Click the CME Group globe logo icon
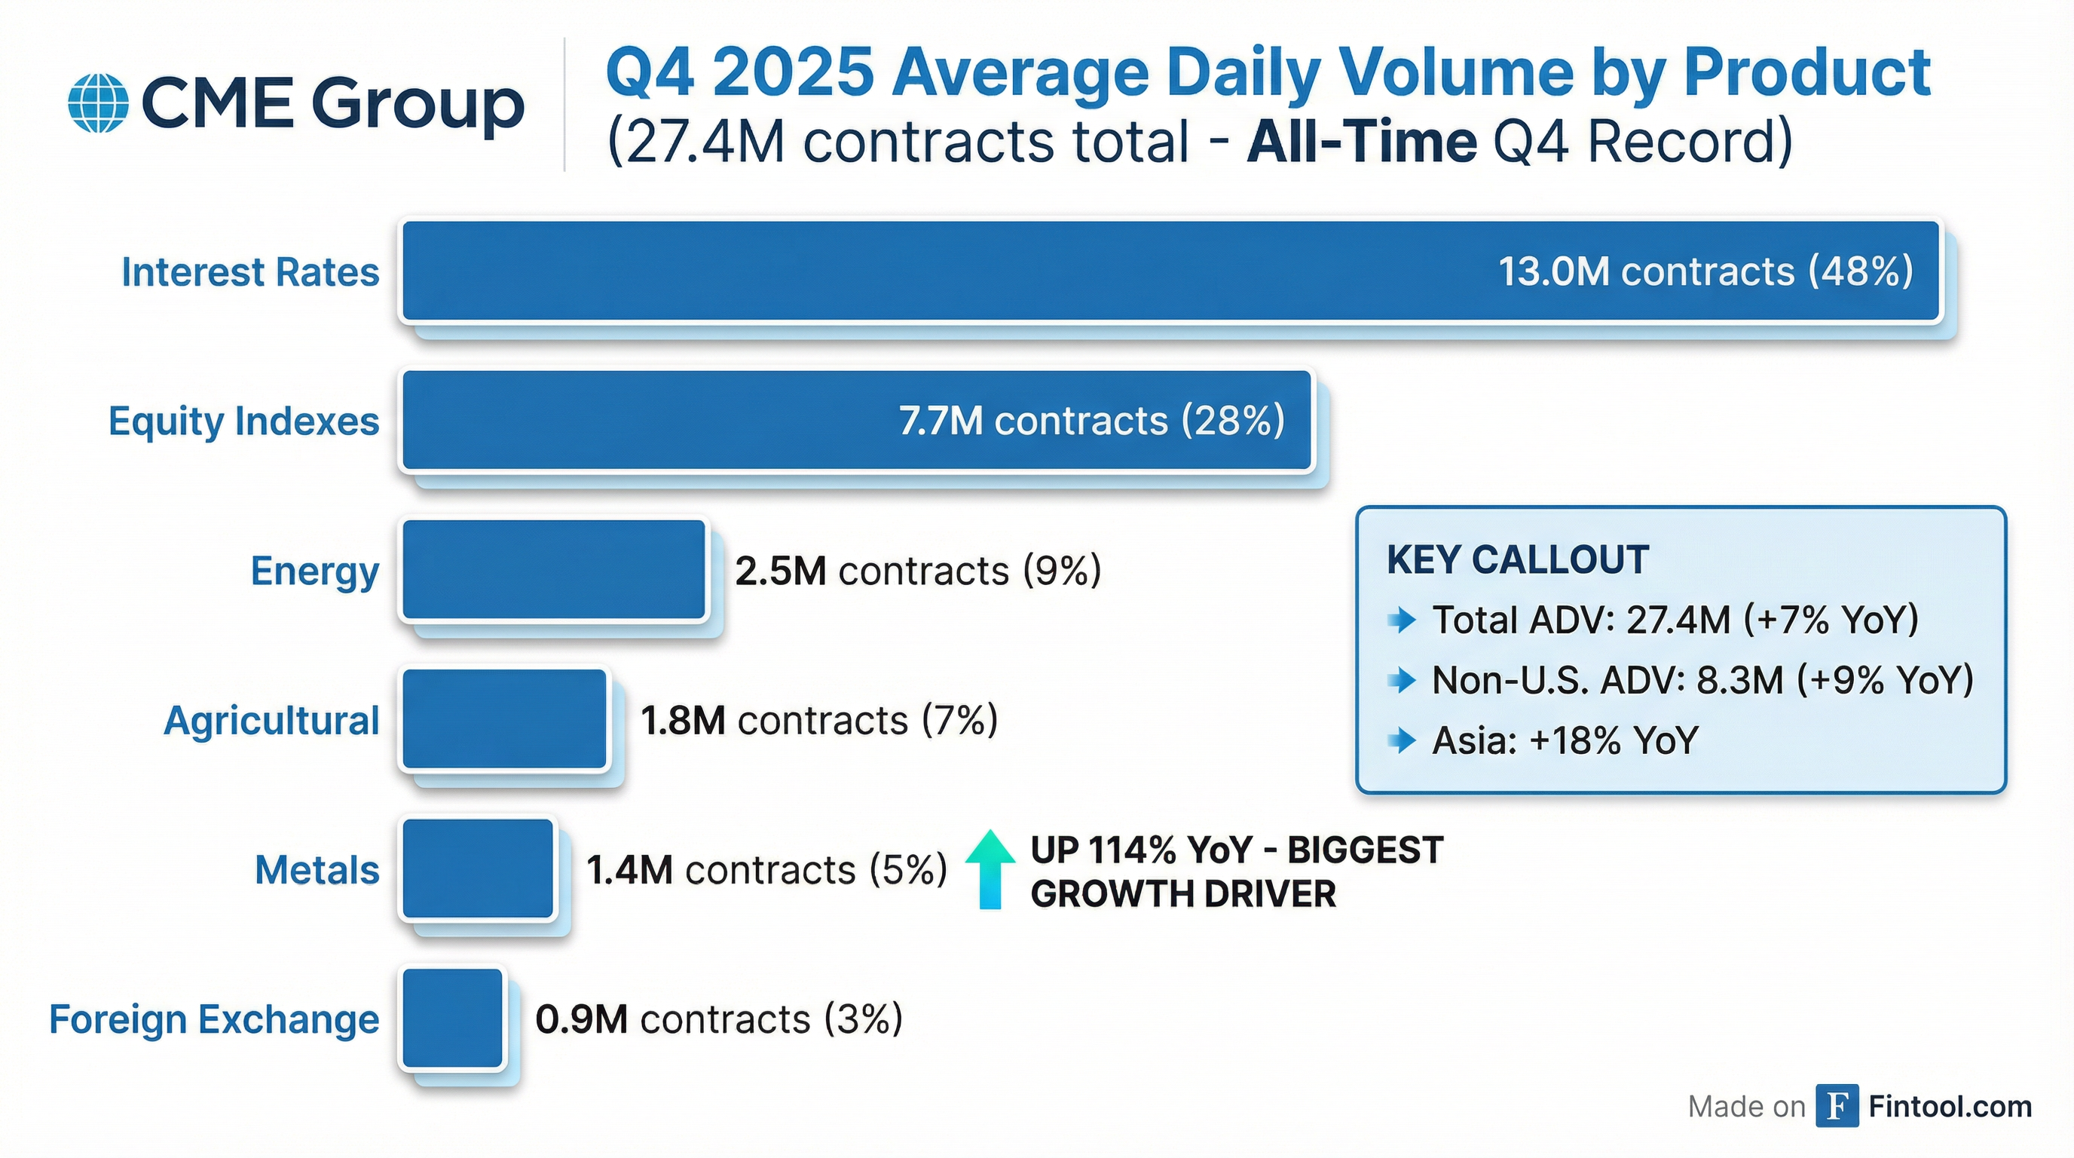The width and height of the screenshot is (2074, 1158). [98, 103]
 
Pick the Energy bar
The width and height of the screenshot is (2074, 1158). [554, 570]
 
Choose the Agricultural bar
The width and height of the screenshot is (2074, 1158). [505, 719]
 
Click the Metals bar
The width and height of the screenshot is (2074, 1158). [479, 869]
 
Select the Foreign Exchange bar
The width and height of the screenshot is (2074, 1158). [452, 1019]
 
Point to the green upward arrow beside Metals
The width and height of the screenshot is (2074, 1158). [990, 870]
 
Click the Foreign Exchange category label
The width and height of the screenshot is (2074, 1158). [214, 1019]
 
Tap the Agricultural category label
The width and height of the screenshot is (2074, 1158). [271, 721]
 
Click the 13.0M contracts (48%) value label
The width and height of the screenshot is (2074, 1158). [1705, 271]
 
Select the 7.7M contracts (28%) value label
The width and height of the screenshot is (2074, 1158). [1091, 421]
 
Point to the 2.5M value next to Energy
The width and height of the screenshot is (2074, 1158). [780, 571]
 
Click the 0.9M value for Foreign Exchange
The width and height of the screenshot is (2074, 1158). [581, 1019]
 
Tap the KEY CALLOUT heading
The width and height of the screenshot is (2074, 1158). [1518, 559]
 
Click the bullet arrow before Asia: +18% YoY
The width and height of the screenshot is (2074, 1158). [1403, 740]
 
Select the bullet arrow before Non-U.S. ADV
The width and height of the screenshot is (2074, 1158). [1403, 681]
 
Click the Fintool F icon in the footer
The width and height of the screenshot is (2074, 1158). [1837, 1107]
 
